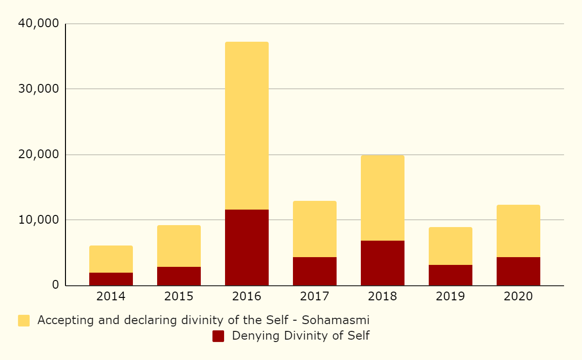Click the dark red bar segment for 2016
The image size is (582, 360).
pos(246,247)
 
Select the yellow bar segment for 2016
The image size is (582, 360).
pos(246,126)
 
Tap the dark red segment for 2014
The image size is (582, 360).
pos(111,279)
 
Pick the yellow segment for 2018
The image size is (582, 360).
pos(382,198)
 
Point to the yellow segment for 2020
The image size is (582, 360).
pos(518,231)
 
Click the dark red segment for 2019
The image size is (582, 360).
pos(450,275)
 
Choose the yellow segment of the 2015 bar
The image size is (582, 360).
pos(178,246)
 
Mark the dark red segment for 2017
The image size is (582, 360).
pos(314,271)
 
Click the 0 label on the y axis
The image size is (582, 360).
pos(55,285)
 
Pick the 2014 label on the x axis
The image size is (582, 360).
pos(111,296)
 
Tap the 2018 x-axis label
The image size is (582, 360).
pos(382,296)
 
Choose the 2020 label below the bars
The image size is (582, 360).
pos(518,296)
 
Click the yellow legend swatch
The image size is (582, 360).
pos(24,321)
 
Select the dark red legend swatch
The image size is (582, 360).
pos(218,336)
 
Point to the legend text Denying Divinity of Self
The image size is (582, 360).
pos(301,336)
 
